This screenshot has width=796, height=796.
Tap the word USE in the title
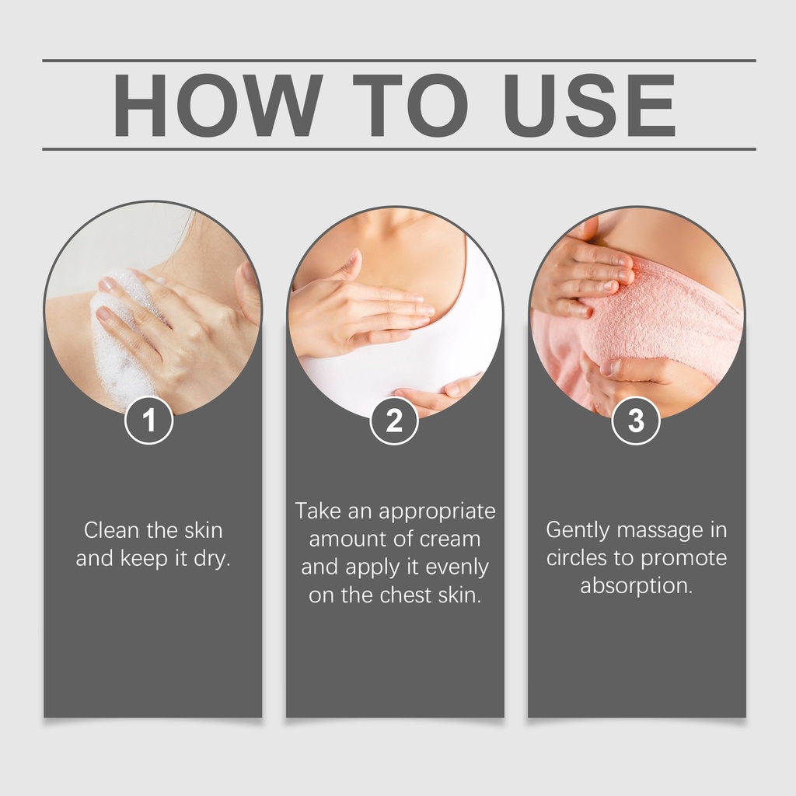(589, 105)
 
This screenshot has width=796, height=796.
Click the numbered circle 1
(148, 421)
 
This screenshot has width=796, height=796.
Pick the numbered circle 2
(394, 421)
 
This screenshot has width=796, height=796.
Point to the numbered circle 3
(636, 421)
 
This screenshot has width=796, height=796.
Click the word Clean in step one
(111, 530)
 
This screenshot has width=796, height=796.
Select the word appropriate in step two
(437, 511)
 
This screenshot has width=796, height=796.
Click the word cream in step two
(453, 539)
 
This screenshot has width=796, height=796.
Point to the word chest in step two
(406, 595)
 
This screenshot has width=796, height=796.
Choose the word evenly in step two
(457, 567)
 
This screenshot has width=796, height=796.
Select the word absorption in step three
(636, 586)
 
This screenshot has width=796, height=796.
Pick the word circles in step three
(577, 558)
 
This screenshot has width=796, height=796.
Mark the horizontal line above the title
(399, 61)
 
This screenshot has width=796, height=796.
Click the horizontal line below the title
(399, 149)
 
